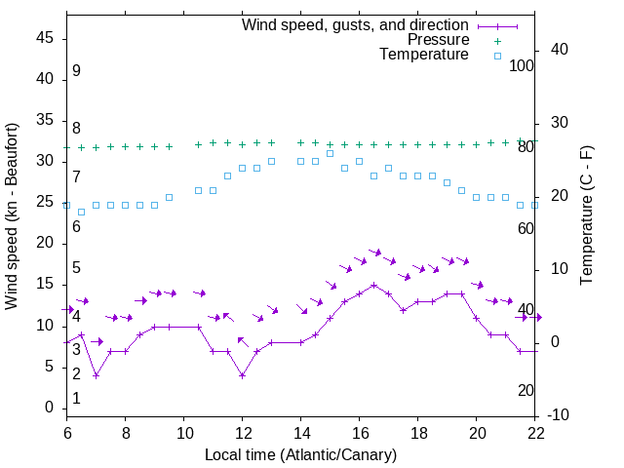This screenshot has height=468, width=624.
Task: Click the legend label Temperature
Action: point(424,56)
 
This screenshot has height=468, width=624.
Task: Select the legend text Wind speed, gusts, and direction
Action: point(355,24)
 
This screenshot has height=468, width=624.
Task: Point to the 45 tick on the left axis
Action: point(44,38)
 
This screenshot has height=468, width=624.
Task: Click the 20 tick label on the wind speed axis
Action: point(44,243)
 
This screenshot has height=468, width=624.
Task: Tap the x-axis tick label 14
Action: point(301,434)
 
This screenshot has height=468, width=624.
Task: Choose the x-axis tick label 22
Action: point(535,434)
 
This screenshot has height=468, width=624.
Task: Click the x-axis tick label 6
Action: point(67,434)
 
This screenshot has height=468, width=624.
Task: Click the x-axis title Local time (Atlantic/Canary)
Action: point(301,454)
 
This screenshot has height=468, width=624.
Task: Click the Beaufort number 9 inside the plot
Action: point(76,71)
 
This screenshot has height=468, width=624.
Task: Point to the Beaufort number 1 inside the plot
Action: point(76,399)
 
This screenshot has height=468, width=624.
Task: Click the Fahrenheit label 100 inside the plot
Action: point(522,65)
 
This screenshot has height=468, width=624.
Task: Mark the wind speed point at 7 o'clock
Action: point(97,375)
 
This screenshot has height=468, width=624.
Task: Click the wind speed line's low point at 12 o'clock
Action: point(243,375)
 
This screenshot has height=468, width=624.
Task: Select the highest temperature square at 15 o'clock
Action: point(331,153)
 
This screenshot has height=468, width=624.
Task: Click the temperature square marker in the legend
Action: point(497,56)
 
